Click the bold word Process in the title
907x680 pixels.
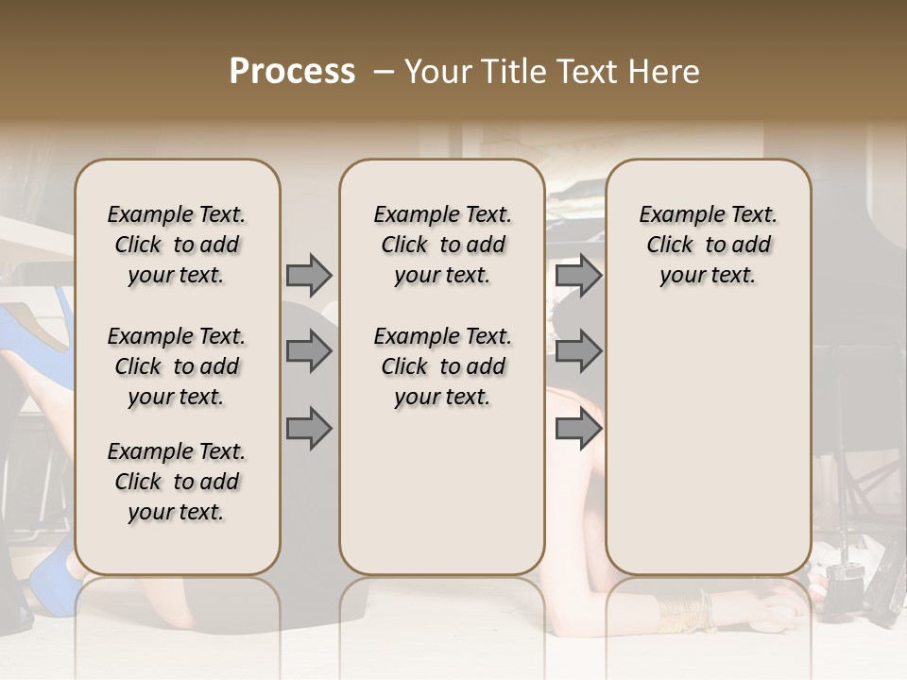pos(292,72)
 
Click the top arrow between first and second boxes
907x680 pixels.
pos(309,276)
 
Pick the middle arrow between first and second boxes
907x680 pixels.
pos(309,352)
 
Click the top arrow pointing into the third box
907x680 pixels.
pos(578,276)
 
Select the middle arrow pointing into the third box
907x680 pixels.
pos(578,352)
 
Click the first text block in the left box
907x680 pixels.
pos(177,245)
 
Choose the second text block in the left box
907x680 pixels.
pos(177,366)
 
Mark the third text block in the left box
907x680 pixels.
pos(177,482)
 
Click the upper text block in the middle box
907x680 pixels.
pos(442,245)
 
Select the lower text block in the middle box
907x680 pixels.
pos(442,366)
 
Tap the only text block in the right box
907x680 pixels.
pos(708,245)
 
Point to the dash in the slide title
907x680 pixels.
pos(384,72)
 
